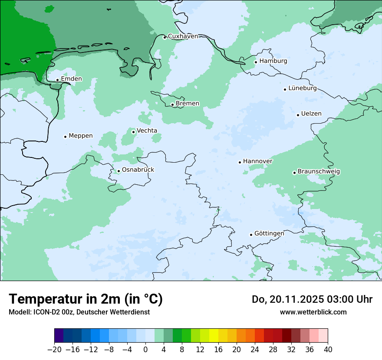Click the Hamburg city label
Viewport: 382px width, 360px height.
[x=273, y=61]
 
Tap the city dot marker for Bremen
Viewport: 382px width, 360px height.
[x=172, y=105]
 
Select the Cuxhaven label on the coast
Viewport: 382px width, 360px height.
[x=183, y=36]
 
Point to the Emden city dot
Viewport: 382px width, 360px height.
[x=57, y=80]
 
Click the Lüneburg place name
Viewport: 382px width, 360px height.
[x=303, y=88]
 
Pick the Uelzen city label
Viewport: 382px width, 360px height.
[x=311, y=114]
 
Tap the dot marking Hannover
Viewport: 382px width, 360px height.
[x=240, y=162]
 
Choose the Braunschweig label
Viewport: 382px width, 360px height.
[x=319, y=172]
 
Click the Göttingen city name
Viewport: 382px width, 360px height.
[x=269, y=234]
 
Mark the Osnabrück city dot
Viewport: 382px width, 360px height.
[x=119, y=171]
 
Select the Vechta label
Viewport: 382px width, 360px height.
[x=147, y=131]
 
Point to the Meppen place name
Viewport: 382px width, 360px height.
[x=81, y=136]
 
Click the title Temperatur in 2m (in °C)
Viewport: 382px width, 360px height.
[x=86, y=299]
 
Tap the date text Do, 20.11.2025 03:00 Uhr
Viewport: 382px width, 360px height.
[x=312, y=299]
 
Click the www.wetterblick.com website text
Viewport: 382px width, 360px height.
[x=313, y=312]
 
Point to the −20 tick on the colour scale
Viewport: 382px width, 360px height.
[x=54, y=350]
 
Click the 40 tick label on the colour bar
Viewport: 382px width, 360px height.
[x=328, y=350]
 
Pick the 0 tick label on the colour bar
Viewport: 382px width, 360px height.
[x=145, y=350]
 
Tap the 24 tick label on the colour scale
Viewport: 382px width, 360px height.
[x=255, y=350]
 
